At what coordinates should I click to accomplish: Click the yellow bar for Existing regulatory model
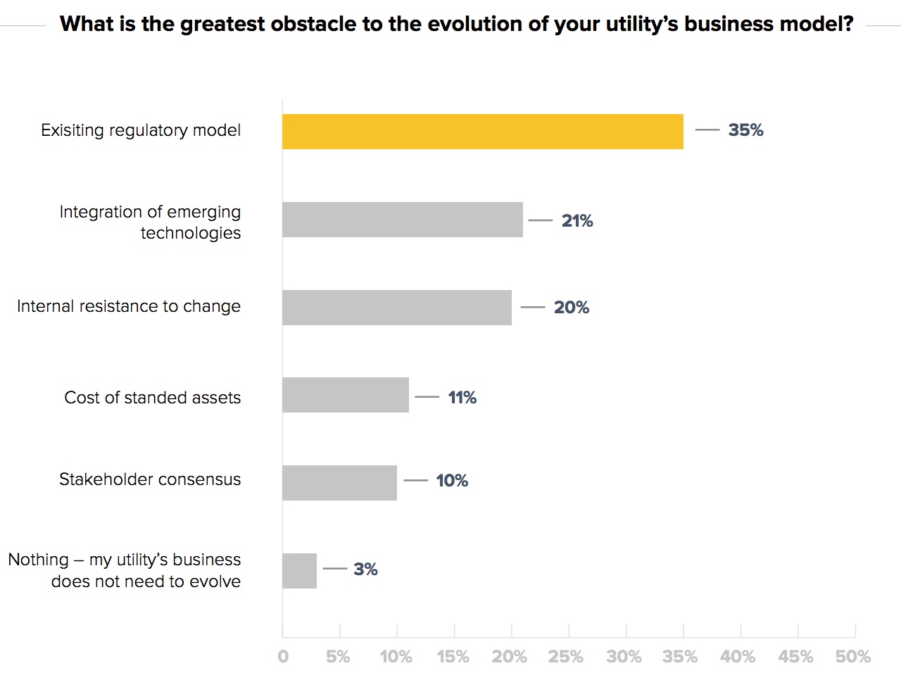(x=482, y=132)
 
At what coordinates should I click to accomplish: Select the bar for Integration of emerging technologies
(x=402, y=220)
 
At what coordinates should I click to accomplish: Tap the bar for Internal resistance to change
(x=396, y=308)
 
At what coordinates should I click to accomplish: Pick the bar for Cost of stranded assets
(x=345, y=395)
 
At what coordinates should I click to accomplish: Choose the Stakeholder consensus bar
(x=339, y=483)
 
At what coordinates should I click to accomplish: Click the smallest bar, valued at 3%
(x=299, y=571)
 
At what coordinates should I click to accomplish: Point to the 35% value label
(x=745, y=130)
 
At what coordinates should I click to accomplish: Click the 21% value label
(x=577, y=221)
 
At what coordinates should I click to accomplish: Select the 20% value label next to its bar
(x=571, y=308)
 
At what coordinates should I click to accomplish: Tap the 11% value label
(x=462, y=398)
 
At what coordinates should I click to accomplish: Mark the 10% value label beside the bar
(x=452, y=481)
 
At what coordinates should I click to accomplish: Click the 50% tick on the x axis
(x=852, y=657)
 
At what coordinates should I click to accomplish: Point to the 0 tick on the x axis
(x=283, y=657)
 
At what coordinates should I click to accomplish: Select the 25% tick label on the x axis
(x=565, y=657)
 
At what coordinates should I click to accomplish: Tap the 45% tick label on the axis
(x=795, y=657)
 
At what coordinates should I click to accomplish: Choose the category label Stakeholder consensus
(x=150, y=479)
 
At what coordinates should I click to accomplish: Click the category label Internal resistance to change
(x=129, y=306)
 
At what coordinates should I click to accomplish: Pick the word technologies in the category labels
(x=190, y=233)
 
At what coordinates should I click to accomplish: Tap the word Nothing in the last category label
(x=38, y=560)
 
